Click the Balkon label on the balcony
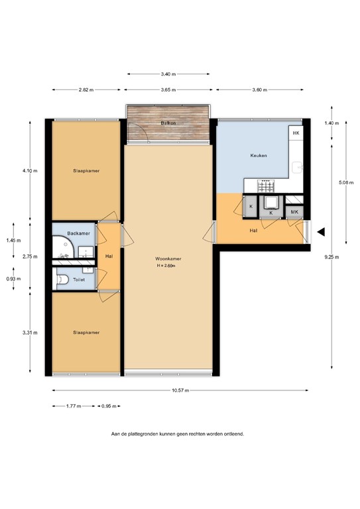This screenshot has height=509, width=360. pyautogui.click(x=168, y=123)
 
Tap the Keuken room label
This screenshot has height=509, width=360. pyautogui.click(x=259, y=156)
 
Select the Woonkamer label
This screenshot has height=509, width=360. pyautogui.click(x=168, y=258)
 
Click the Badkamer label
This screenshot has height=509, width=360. pyautogui.click(x=78, y=233)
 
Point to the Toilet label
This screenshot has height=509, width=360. pyautogui.click(x=79, y=280)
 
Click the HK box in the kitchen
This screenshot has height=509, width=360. pyautogui.click(x=296, y=133)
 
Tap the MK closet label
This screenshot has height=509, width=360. pyautogui.click(x=294, y=212)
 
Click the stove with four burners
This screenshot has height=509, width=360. pyautogui.click(x=266, y=186)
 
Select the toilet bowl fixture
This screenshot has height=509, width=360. pyautogui.click(x=62, y=279)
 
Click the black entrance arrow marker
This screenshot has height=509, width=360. pyautogui.click(x=321, y=232)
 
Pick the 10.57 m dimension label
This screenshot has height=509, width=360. pyautogui.click(x=180, y=390)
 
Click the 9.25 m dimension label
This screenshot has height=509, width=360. pyautogui.click(x=331, y=257)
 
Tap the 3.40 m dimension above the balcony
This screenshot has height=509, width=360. pyautogui.click(x=168, y=74)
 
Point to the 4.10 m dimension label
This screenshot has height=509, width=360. pyautogui.click(x=30, y=171)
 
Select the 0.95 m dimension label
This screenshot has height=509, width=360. pyautogui.click(x=109, y=406)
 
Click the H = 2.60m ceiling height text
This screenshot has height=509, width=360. pyautogui.click(x=166, y=266)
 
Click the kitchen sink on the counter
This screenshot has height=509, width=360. pyautogui.click(x=297, y=168)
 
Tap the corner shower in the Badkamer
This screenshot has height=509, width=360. pyautogui.click(x=63, y=247)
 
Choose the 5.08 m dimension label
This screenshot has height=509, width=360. pyautogui.click(x=346, y=182)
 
